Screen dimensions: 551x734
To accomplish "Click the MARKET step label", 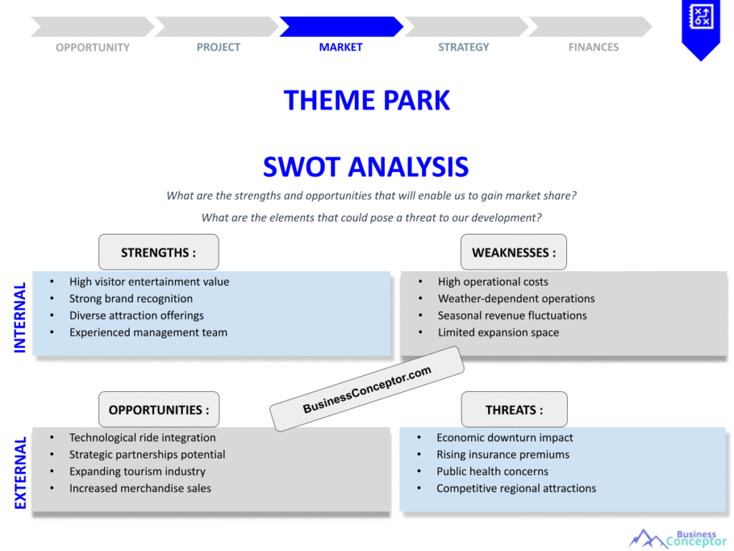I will tap(340, 47).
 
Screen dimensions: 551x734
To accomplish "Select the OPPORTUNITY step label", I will tap(92, 47).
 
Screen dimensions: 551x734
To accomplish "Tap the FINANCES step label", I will tap(593, 47).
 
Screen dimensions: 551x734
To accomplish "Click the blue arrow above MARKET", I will tap(340, 27).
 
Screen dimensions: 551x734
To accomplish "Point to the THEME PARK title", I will tap(366, 100).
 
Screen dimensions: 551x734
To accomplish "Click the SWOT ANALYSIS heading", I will tap(366, 167).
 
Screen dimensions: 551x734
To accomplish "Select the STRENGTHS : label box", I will tap(158, 253).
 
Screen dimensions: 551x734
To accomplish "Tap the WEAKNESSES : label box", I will tap(513, 253).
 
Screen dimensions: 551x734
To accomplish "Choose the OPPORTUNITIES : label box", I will tap(158, 410).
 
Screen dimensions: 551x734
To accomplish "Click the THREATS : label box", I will tap(514, 410).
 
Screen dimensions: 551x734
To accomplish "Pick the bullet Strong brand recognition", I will tap(130, 298).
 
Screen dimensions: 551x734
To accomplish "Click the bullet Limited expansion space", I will tap(498, 332).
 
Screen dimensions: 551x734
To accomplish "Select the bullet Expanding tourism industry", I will tap(137, 471).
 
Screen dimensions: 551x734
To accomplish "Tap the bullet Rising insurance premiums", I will tap(502, 454).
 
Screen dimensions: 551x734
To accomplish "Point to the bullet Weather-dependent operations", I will tap(516, 298).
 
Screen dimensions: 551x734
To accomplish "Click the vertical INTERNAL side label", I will tap(20, 317).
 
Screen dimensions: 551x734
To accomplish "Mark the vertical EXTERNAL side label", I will tap(20, 473).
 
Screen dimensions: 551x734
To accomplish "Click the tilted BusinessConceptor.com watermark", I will tap(367, 390).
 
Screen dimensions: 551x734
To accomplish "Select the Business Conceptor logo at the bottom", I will tap(677, 538).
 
